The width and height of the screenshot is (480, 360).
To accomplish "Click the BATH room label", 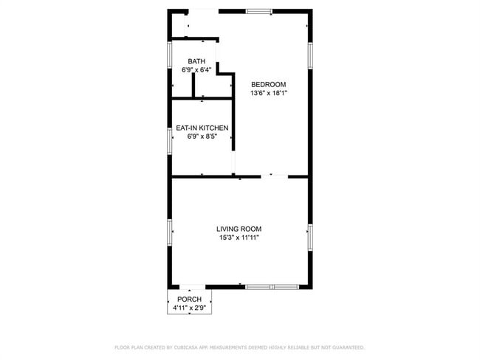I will (x=196, y=61).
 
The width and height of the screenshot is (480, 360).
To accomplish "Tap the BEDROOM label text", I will (x=268, y=84).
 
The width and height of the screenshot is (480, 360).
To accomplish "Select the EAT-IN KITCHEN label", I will (x=202, y=128).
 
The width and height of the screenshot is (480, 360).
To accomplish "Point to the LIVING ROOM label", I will (x=239, y=229).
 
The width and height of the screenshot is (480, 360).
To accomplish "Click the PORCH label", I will (x=189, y=299).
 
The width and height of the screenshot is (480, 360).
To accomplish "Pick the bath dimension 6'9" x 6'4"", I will (x=196, y=70).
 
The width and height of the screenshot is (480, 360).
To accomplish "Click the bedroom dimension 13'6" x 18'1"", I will (x=268, y=93).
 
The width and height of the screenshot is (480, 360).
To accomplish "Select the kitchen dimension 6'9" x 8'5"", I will (x=202, y=136).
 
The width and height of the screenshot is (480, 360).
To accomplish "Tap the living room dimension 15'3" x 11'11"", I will (x=239, y=238).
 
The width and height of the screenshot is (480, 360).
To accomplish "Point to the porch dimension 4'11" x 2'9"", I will (x=189, y=308).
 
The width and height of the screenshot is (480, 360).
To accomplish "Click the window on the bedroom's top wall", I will (x=258, y=11).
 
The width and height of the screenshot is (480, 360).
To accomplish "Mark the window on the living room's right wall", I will (x=310, y=236).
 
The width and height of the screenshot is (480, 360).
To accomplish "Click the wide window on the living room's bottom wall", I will (x=271, y=286).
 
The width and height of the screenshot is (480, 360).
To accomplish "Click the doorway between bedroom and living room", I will (x=274, y=176).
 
